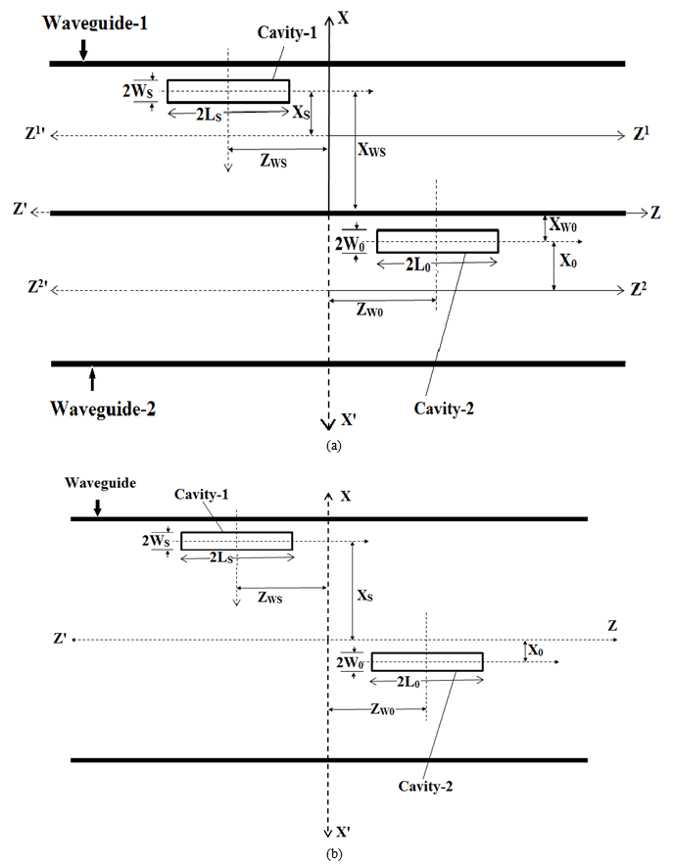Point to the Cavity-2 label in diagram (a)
pyautogui.click(x=442, y=408)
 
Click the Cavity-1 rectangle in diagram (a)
pyautogui.click(x=227, y=91)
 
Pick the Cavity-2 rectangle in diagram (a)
pyautogui.click(x=437, y=241)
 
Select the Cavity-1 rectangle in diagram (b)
pyautogui.click(x=236, y=541)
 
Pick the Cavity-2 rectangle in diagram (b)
pyautogui.click(x=426, y=661)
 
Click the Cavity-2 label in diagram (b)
pyautogui.click(x=426, y=786)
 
